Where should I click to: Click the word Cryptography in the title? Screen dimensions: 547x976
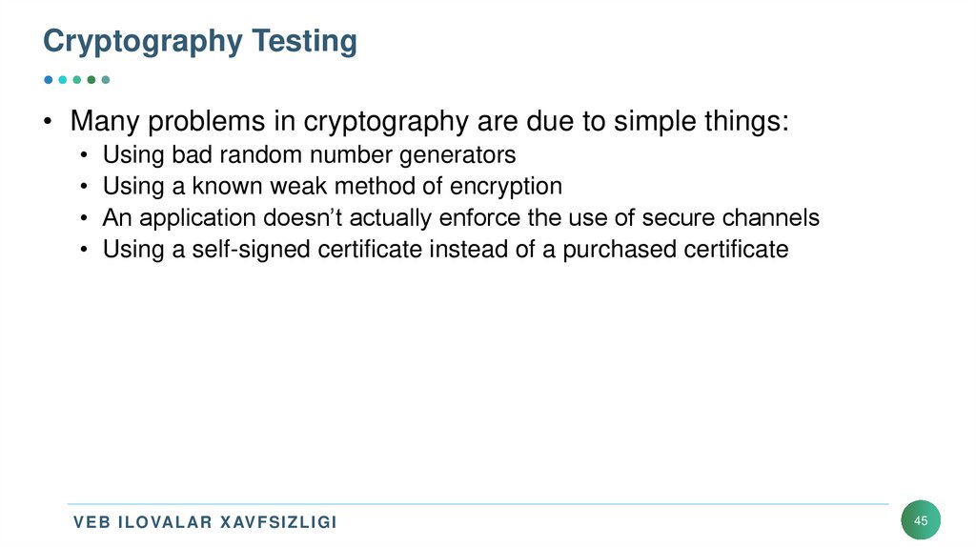[x=143, y=42]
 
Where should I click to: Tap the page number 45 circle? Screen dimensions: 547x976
[x=920, y=520]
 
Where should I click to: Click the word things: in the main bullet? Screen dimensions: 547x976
[x=741, y=123]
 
